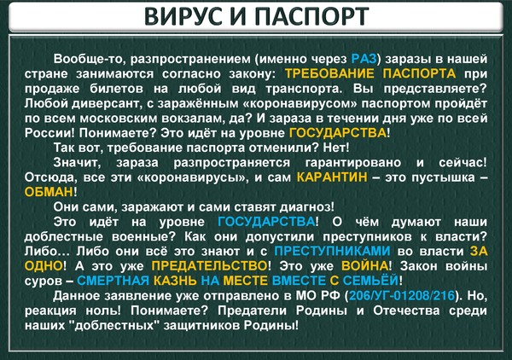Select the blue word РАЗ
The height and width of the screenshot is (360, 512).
[x=364, y=59]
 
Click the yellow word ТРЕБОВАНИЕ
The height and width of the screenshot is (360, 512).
[x=329, y=73]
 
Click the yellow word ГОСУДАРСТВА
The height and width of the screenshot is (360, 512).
[x=338, y=133]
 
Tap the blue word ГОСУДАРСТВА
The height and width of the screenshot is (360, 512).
[x=266, y=222]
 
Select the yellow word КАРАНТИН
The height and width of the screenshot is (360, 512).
[x=332, y=177]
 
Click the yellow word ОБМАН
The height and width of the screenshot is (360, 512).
[x=49, y=192]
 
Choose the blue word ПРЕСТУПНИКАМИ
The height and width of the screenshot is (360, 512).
[x=332, y=252]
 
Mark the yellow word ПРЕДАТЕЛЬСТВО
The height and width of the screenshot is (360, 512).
[x=209, y=266]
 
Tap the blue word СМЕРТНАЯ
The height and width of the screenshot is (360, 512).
[x=113, y=281]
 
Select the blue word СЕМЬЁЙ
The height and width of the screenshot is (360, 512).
[x=370, y=281]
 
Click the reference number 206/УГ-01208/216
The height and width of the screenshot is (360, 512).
[x=402, y=296]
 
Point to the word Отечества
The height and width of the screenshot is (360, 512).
[x=406, y=311]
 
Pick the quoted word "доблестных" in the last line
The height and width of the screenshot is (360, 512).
[x=114, y=325]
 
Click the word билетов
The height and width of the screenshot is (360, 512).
[x=117, y=89]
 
